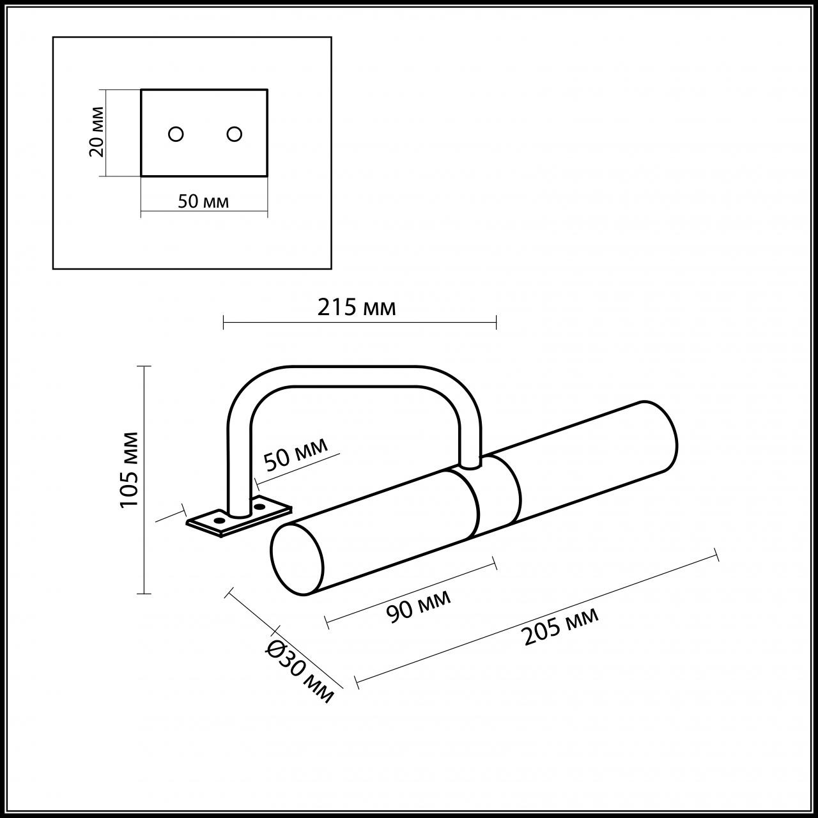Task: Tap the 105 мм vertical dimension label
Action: pyautogui.click(x=130, y=469)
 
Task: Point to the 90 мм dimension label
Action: pyautogui.click(x=419, y=605)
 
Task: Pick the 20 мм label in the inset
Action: pyautogui.click(x=96, y=137)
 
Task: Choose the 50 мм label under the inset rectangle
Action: pyautogui.click(x=203, y=202)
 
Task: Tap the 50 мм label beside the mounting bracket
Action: pyautogui.click(x=295, y=454)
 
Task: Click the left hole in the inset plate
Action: pyautogui.click(x=176, y=134)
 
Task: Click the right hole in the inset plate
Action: pyautogui.click(x=235, y=134)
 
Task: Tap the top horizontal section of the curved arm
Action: pyautogui.click(x=355, y=377)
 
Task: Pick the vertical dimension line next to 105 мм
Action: pyautogui.click(x=145, y=479)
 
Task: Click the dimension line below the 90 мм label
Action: pyautogui.click(x=411, y=591)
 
